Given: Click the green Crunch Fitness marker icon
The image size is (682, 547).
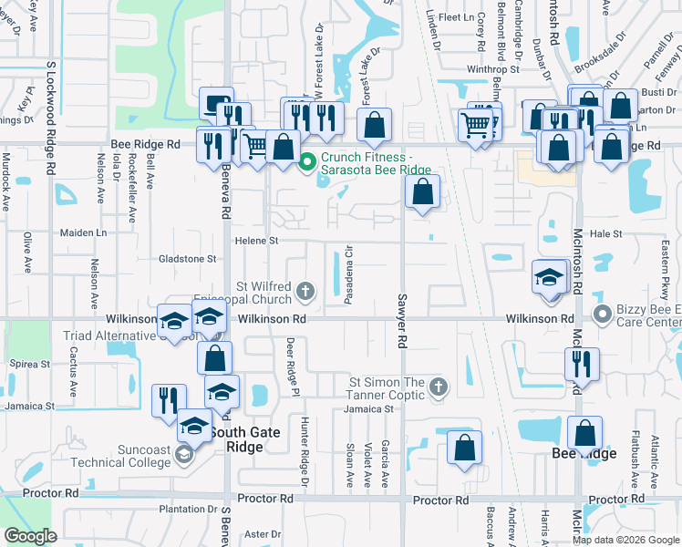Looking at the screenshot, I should point(307,162).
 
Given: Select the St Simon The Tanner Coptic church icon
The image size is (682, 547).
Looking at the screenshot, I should point(438,387).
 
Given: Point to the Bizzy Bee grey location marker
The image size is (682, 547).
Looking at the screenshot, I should point(602,315).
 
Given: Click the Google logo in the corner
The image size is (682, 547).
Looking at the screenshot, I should point(30,536).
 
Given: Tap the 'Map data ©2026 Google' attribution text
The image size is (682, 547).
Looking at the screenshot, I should point(625,541).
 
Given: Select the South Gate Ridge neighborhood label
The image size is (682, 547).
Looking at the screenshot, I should point(252,440).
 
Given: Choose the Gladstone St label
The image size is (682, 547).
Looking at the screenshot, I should point(187,258).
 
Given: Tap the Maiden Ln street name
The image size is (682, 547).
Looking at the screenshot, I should point(83,232).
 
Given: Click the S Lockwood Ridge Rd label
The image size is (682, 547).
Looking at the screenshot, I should point(52,119).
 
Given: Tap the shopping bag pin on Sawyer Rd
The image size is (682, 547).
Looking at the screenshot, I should point(422,192).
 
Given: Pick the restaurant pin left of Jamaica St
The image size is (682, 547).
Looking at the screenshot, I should point(169,400).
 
